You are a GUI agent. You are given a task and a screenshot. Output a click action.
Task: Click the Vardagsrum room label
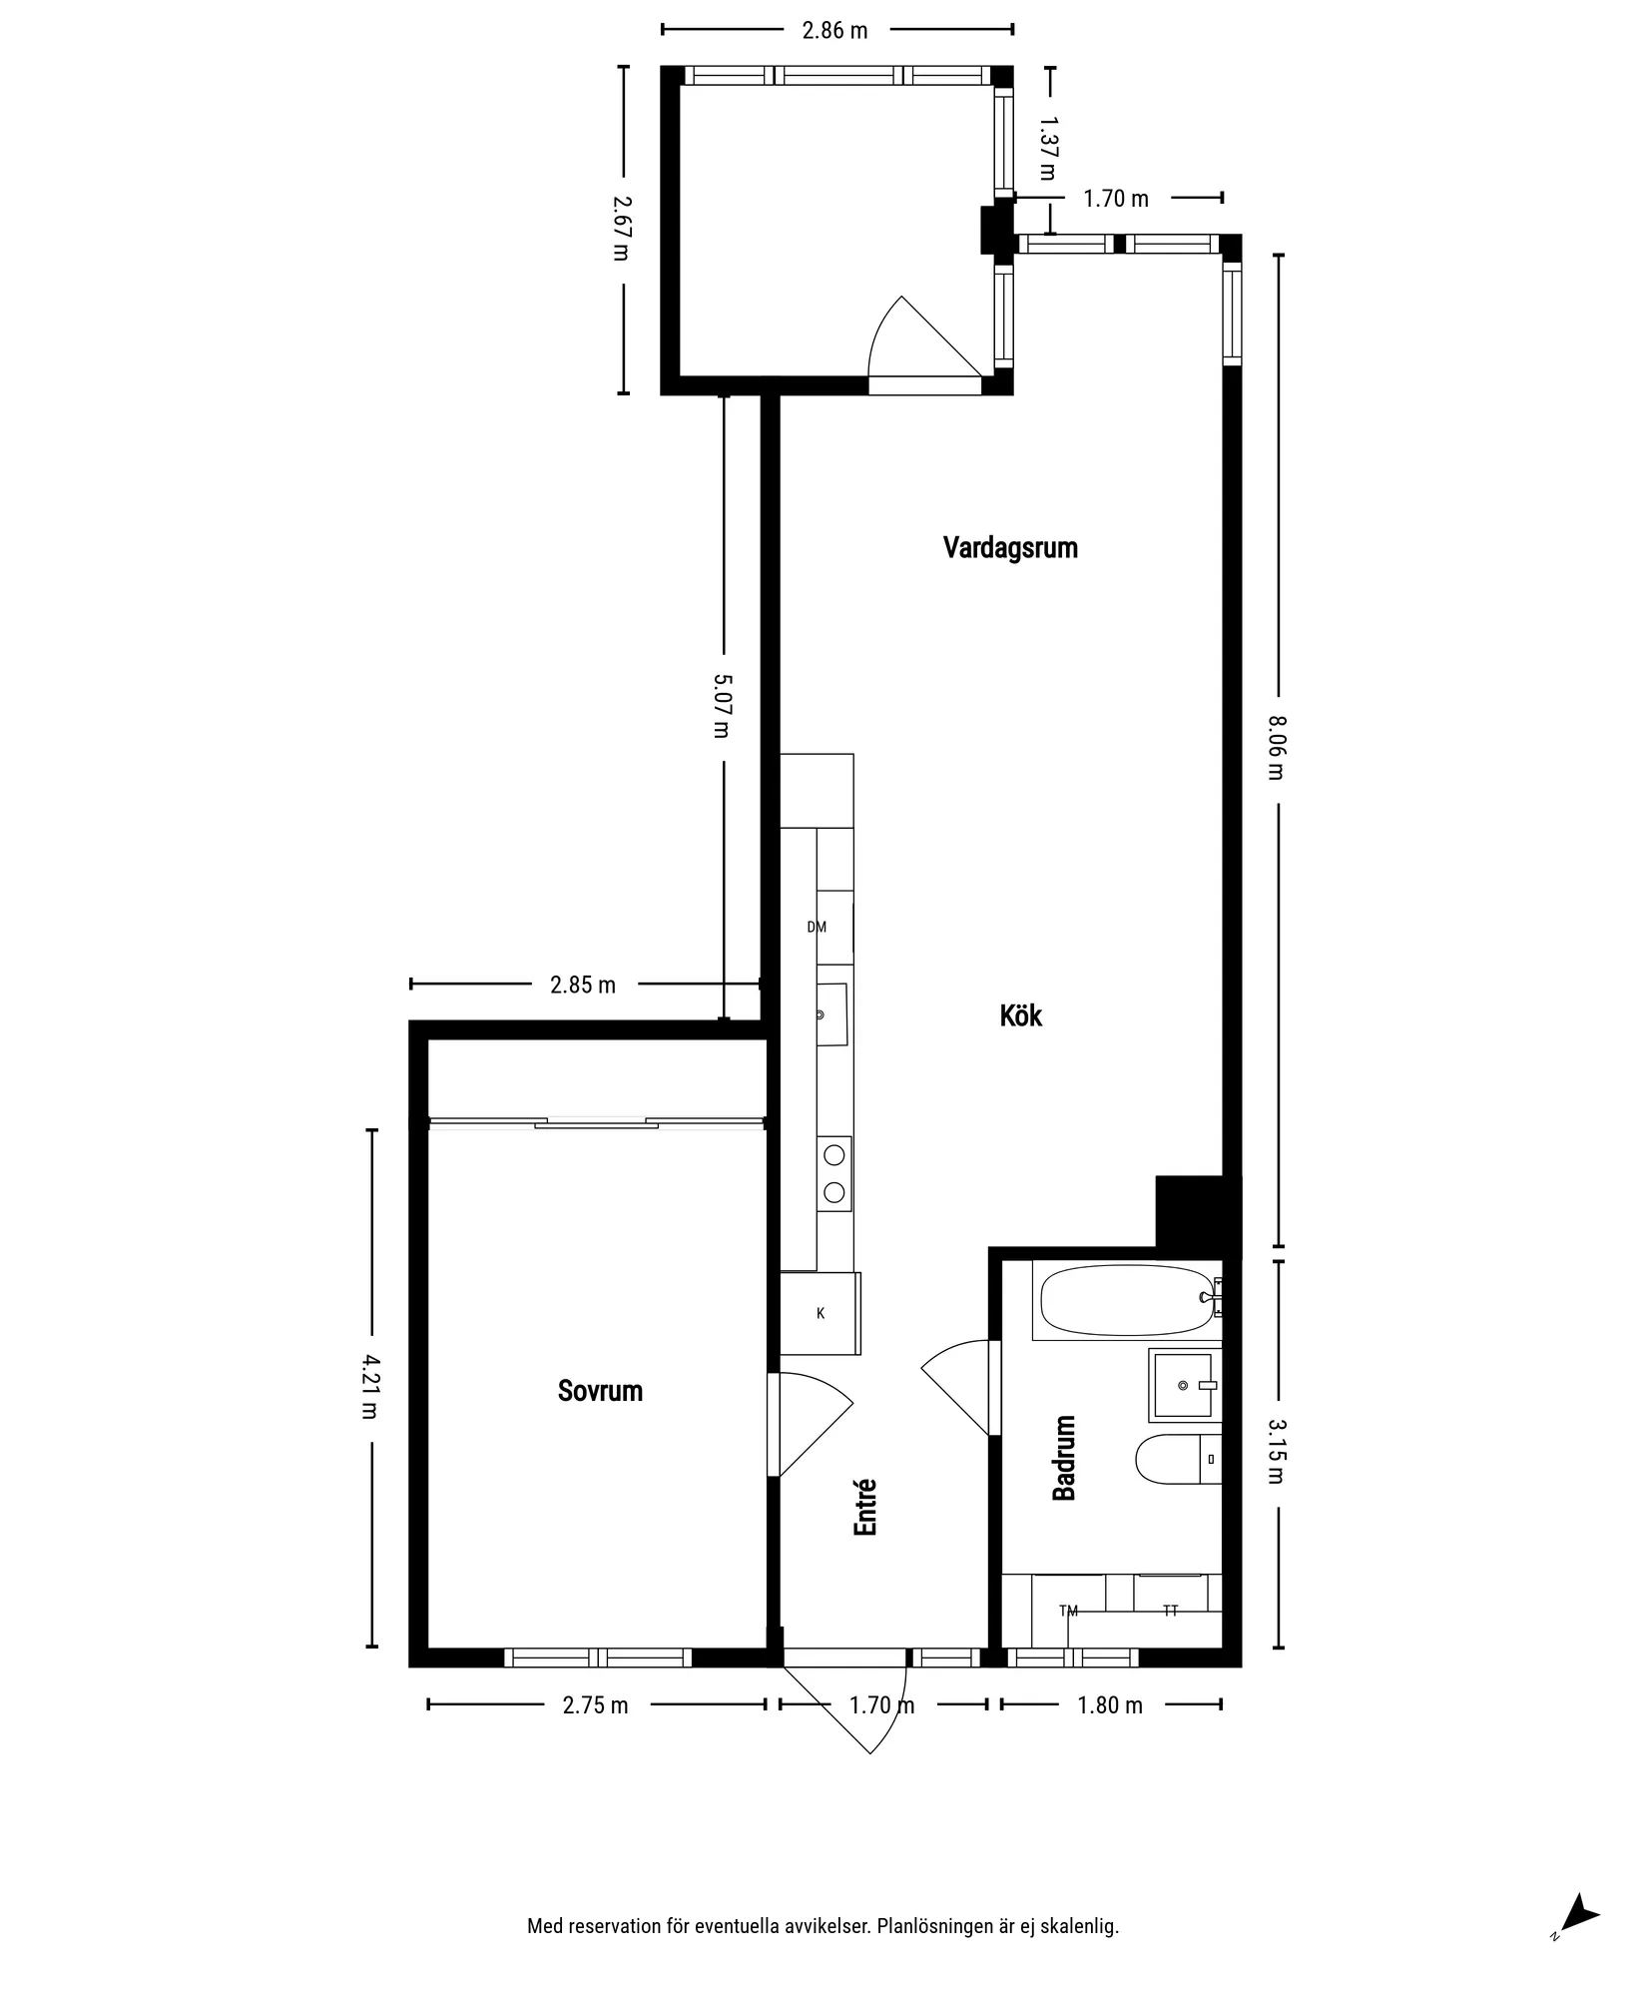[x=1010, y=548]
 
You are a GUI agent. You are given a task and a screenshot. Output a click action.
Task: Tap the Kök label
[x=1021, y=1016]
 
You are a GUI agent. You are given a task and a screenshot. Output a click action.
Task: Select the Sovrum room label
[x=600, y=1391]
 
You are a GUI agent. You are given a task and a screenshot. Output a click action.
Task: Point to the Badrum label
[x=1064, y=1458]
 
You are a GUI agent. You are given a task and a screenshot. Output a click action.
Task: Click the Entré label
[x=865, y=1507]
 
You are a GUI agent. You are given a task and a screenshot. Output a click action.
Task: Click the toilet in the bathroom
[x=1178, y=1459]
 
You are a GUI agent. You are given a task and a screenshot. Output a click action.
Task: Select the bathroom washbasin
[x=1185, y=1385]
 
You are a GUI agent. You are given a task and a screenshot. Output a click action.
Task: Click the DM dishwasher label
[x=817, y=927]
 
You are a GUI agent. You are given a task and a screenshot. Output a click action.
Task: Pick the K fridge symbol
[x=821, y=1313]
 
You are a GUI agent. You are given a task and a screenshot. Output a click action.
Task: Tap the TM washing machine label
[x=1068, y=1611]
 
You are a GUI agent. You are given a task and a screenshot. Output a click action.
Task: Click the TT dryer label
[x=1171, y=1611]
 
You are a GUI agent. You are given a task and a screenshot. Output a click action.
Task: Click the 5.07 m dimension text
[x=722, y=706]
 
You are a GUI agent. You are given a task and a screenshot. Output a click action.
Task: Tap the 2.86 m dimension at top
[x=835, y=30]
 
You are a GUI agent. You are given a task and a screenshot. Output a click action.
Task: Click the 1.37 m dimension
[x=1047, y=148]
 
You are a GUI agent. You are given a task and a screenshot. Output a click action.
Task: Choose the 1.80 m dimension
[x=1110, y=1705]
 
